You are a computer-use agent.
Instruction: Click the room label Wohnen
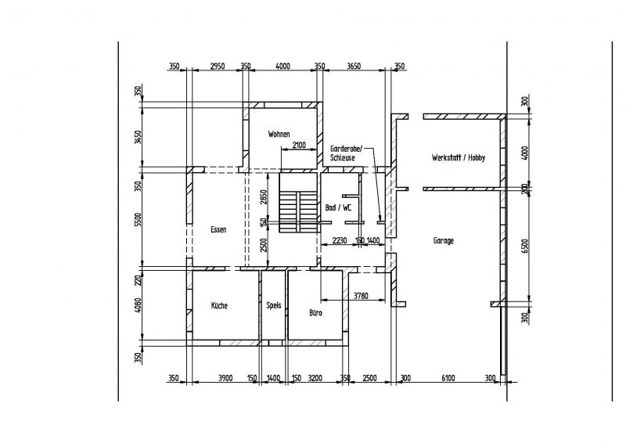pos(279,133)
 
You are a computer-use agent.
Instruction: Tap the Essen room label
pos(218,230)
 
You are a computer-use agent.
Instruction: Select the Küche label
pos(218,306)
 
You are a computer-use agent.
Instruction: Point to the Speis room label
pos(273,306)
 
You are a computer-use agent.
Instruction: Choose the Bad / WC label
pos(338,208)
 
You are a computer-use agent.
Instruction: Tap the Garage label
pos(444,241)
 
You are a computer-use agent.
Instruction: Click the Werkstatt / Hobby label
pos(458,158)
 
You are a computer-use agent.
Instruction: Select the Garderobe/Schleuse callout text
pos(344,152)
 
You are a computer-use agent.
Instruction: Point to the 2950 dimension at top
pos(217,67)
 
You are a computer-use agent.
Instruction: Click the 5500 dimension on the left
pos(139,220)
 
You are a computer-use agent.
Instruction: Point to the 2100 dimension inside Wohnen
pos(298,146)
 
